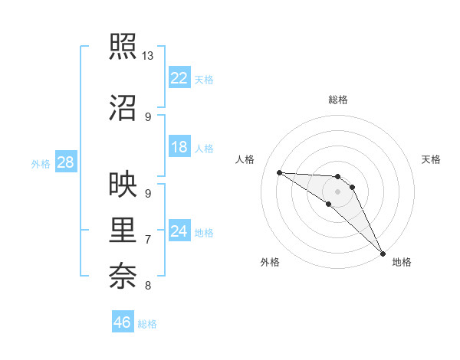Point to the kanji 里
click(124, 230)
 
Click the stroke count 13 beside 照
click(148, 56)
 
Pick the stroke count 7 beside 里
click(148, 240)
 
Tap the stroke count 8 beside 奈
click(148, 286)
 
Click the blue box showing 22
click(179, 78)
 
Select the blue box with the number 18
click(179, 148)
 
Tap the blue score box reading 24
click(179, 231)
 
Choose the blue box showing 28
click(65, 162)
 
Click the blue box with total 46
click(123, 322)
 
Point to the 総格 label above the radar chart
click(338, 100)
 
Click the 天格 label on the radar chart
click(432, 159)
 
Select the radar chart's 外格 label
click(270, 262)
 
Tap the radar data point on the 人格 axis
click(279, 172)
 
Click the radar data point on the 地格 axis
click(383, 253)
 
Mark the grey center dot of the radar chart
click(338, 191)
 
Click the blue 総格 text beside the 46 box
click(147, 324)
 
